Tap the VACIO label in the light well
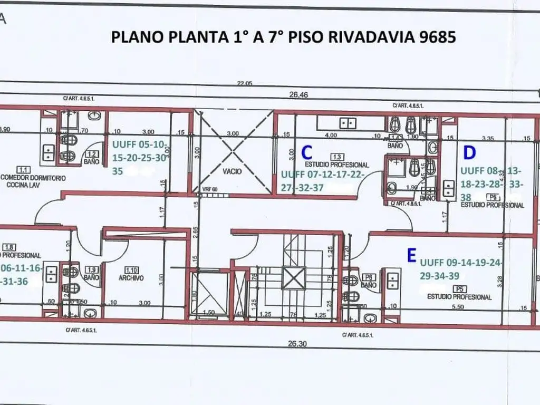click(x=232, y=171)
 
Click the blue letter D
click(x=469, y=152)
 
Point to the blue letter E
click(x=411, y=256)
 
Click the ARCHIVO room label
click(x=131, y=277)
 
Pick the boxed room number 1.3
click(x=335, y=157)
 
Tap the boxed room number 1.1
click(x=23, y=169)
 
